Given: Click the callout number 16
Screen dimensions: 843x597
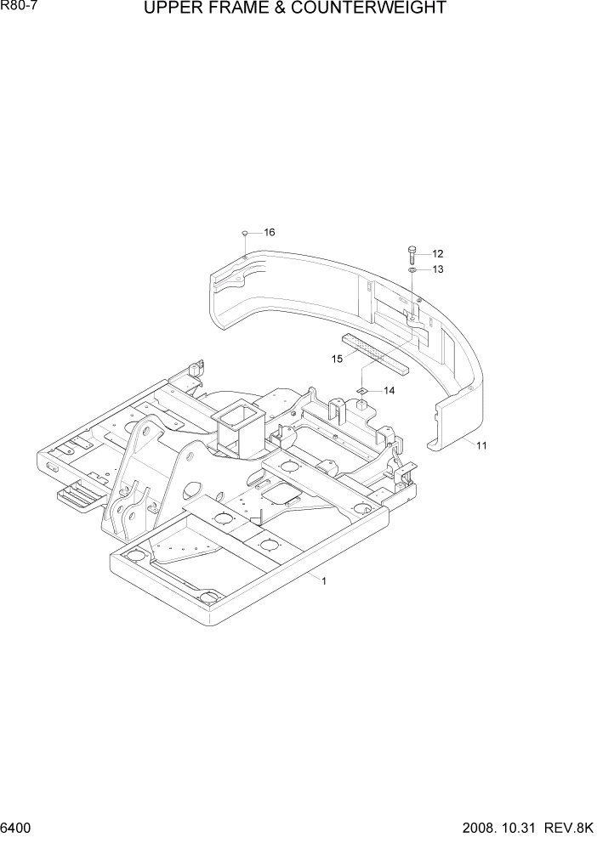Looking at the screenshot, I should point(269,232).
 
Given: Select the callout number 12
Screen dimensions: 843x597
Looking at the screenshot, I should point(437,253).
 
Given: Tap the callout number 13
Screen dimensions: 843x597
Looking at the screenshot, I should point(437,269).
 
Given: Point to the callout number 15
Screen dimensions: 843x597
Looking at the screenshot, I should point(337,359).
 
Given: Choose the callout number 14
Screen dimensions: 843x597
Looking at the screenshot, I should point(389,390).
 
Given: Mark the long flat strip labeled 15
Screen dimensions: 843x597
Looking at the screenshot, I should point(374,354).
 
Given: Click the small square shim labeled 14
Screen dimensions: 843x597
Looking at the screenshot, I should point(361,390).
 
